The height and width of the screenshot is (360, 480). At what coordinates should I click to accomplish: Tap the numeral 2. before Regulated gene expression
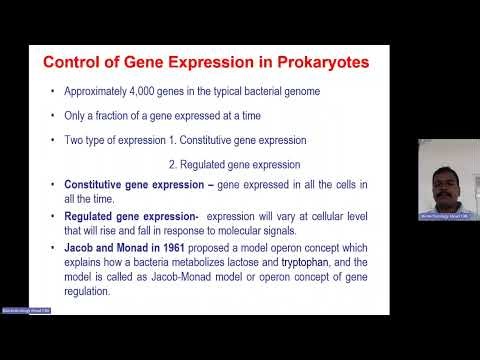[x=173, y=163]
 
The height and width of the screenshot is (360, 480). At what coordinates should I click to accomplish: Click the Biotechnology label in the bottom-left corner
[x=25, y=311]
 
